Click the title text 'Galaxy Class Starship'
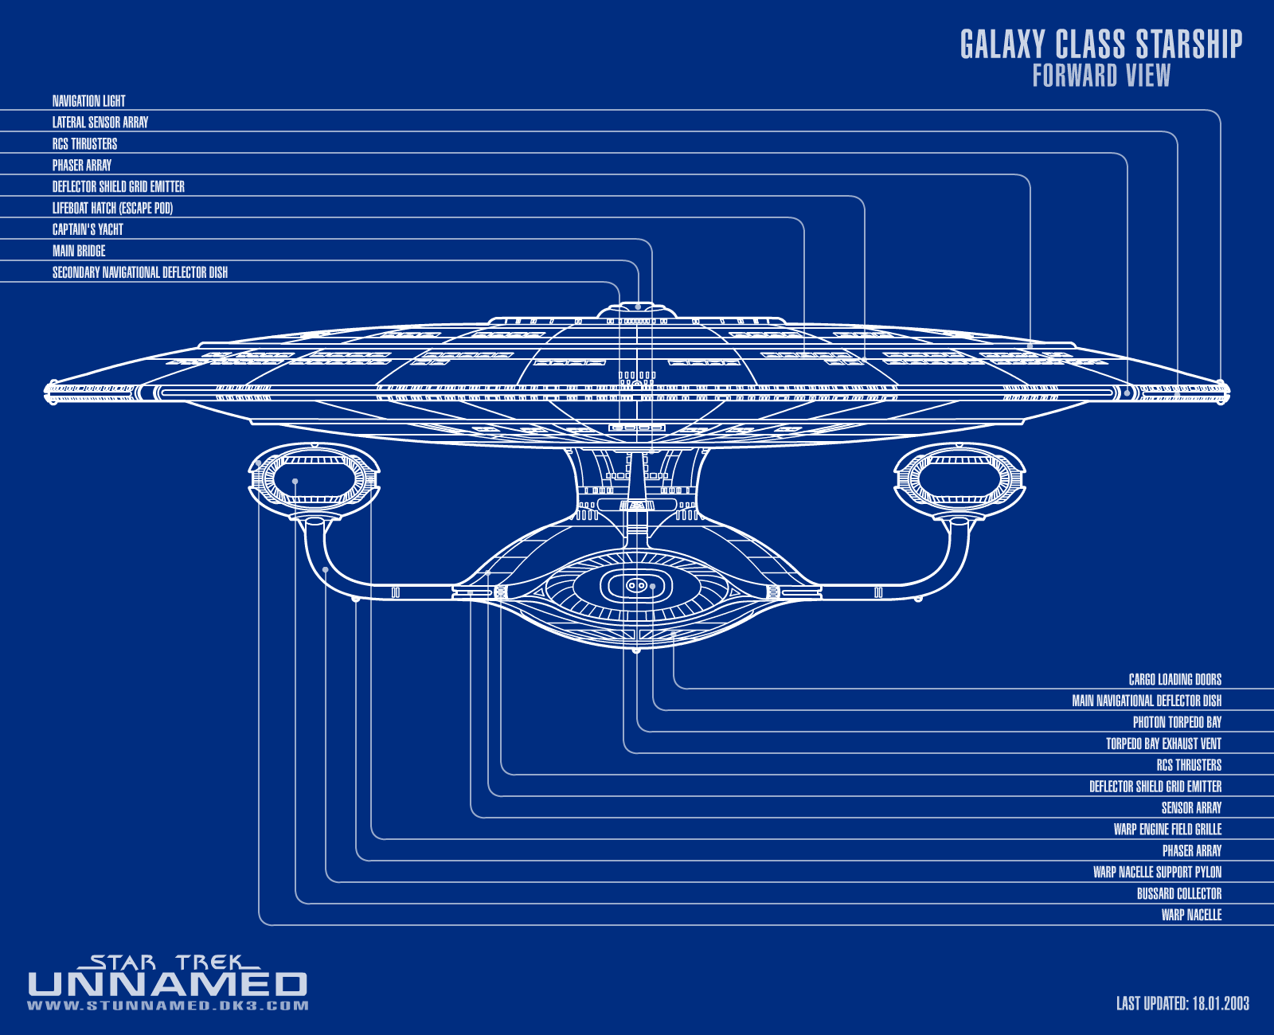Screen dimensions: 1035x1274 click(1100, 45)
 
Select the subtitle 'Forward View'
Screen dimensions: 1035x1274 click(1101, 76)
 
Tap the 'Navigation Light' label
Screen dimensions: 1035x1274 click(88, 101)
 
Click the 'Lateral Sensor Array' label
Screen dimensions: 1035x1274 click(100, 123)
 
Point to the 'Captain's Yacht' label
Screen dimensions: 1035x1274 click(88, 229)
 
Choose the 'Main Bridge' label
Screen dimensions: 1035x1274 click(79, 251)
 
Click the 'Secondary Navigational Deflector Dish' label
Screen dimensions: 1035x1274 click(140, 272)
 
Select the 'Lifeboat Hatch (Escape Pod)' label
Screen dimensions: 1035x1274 click(112, 208)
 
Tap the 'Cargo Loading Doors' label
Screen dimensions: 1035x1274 click(1174, 679)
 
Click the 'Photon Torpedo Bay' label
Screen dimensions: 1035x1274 click(1177, 722)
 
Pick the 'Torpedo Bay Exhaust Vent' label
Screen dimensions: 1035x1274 click(1163, 744)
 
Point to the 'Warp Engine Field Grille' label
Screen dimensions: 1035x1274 click(1167, 830)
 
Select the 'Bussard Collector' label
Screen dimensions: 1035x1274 click(1178, 894)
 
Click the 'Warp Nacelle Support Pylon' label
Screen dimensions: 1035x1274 click(1157, 873)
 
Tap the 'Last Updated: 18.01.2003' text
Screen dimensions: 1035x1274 click(1182, 1003)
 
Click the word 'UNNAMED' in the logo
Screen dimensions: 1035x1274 click(167, 985)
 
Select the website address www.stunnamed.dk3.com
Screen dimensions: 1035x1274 click(167, 1006)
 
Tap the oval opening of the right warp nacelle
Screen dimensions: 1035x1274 click(959, 480)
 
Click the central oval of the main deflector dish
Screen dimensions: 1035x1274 click(636, 586)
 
